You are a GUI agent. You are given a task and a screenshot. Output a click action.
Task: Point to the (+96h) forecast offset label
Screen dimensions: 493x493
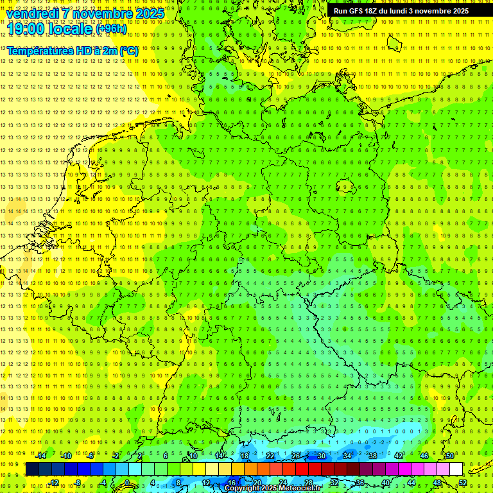point(110,29)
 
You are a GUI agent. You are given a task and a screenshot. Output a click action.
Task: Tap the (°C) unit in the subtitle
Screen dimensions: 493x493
point(128,51)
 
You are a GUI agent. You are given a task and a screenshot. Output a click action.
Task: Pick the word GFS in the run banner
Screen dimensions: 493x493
point(354,11)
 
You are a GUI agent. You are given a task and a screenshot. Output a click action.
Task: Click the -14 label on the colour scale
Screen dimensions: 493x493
point(40,456)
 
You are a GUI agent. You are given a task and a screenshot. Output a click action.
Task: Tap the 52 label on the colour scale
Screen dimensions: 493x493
point(463,483)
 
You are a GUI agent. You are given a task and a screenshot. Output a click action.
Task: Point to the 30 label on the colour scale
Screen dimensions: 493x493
point(321,456)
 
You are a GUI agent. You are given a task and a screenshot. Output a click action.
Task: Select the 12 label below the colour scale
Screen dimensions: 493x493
point(206,483)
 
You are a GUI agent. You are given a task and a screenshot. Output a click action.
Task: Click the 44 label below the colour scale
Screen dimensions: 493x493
point(411,483)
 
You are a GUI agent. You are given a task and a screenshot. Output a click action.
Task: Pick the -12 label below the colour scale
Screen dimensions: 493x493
point(53,483)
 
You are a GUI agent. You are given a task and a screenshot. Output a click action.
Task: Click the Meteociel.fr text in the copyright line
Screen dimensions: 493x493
point(300,489)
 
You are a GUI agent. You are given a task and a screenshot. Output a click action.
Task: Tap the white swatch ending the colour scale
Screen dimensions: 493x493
point(456,469)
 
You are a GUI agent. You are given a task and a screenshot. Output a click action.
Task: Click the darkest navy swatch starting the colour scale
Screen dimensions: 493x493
point(32,469)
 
